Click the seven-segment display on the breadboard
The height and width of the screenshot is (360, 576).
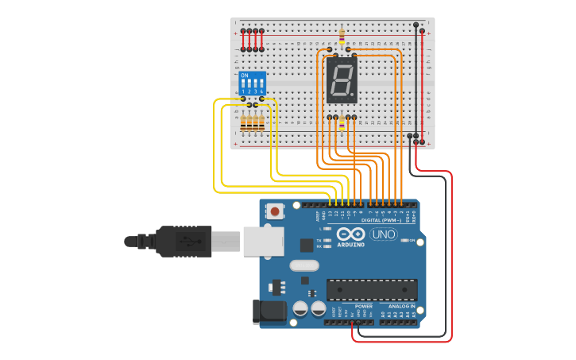342,80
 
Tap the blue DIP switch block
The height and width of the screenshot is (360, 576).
253,83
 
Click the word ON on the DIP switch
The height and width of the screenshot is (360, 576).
244,75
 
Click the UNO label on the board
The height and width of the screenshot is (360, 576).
384,234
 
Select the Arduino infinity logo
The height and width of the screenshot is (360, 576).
350,234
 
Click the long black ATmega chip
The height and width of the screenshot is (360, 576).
372,290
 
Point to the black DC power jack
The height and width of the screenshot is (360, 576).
269,312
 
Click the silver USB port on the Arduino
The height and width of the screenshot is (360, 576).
261,241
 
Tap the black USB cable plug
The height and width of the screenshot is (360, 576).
184,241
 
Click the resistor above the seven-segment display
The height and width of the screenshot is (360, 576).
342,37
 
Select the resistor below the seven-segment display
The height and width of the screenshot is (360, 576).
342,123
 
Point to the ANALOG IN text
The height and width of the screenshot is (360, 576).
401,306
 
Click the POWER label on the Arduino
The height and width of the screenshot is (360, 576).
363,306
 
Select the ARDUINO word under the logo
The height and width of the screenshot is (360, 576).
350,245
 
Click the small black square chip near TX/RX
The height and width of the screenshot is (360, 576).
306,246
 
